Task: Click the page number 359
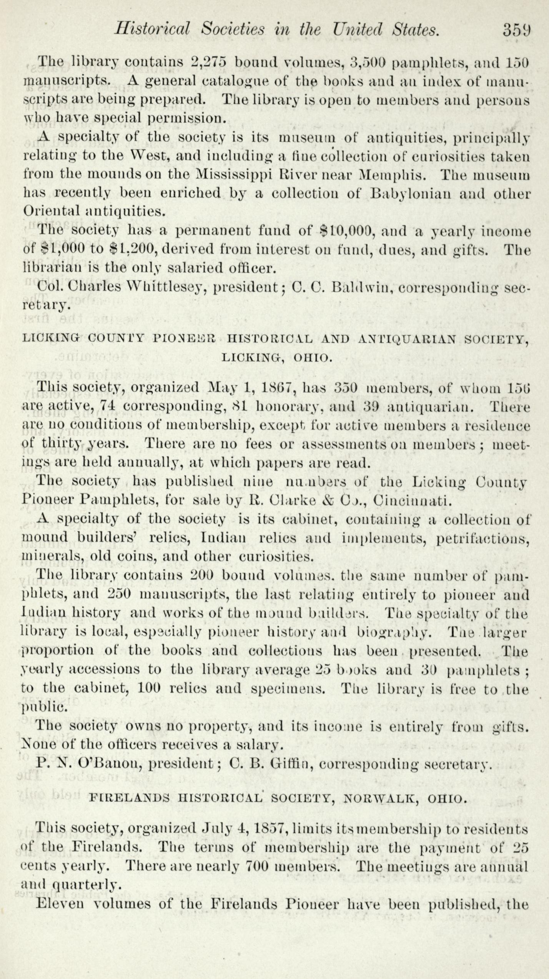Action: click(516, 30)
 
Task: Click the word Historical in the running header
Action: click(152, 29)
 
